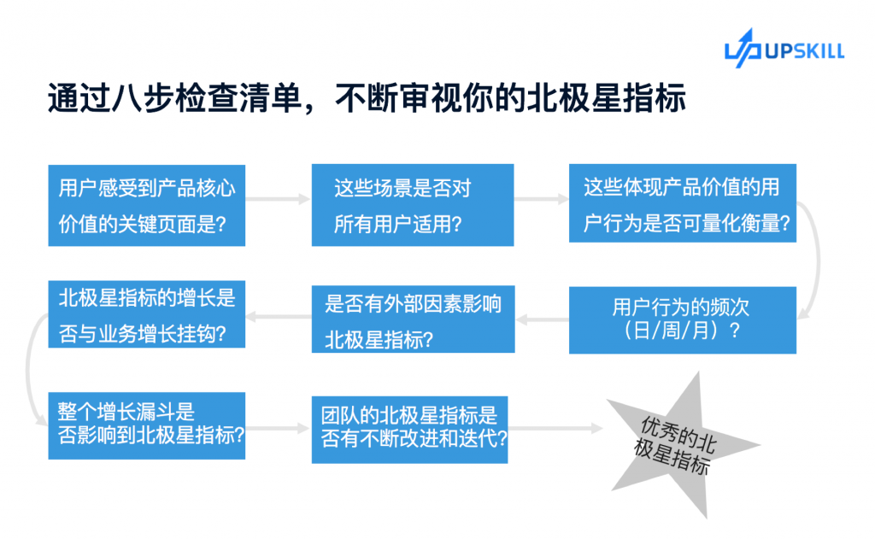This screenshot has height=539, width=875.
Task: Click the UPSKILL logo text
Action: (x=805, y=51)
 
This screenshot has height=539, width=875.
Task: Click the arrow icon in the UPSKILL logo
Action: (x=743, y=49)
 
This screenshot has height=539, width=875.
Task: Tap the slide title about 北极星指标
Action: (x=367, y=98)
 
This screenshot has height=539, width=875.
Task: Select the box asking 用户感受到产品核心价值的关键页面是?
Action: (x=147, y=205)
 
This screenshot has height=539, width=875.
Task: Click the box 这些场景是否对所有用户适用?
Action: (x=413, y=205)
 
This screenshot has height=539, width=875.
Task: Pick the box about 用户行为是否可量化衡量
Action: (x=683, y=203)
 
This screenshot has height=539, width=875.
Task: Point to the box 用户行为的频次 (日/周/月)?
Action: (x=683, y=319)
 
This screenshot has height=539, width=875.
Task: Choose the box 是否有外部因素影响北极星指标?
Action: (x=413, y=319)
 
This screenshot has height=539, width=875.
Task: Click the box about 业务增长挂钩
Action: (x=147, y=314)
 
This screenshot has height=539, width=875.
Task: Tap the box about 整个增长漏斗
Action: (x=147, y=425)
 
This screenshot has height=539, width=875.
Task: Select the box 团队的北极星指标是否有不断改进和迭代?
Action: (x=409, y=430)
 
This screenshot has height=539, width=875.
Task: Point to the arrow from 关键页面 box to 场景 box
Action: (x=278, y=199)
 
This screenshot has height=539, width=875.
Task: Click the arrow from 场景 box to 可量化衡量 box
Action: (x=541, y=199)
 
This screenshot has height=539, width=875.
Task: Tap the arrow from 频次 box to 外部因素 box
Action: (x=543, y=319)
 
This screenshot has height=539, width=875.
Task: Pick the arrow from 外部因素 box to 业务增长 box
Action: (x=279, y=317)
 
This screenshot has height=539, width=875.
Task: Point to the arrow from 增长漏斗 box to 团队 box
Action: (x=278, y=429)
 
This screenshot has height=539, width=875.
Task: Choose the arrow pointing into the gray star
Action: (x=555, y=429)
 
